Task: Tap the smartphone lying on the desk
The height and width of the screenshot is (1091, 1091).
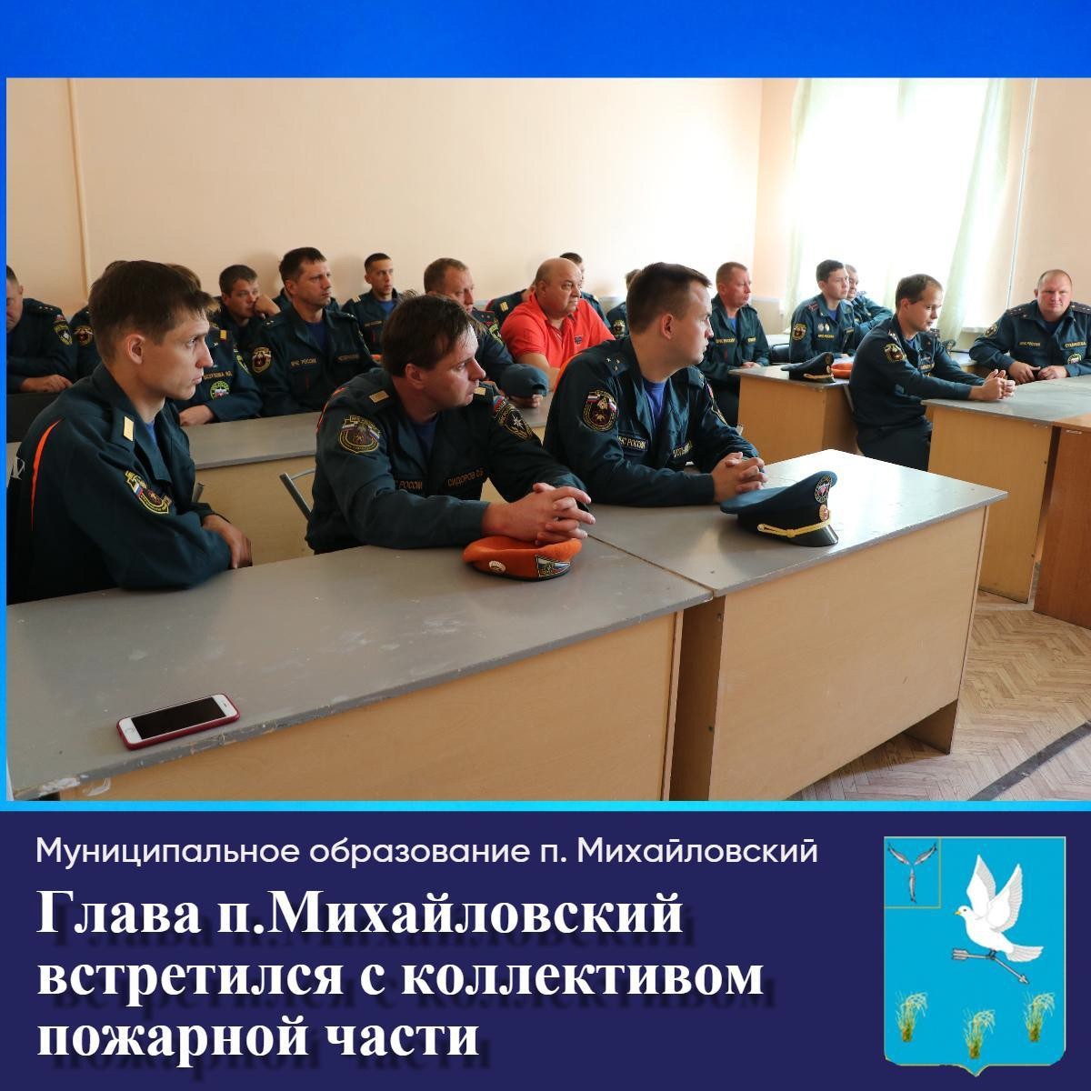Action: tap(178, 721)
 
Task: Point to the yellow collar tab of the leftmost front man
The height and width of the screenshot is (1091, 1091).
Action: tap(128, 428)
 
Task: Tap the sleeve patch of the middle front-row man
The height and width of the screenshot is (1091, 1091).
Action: tap(359, 435)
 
